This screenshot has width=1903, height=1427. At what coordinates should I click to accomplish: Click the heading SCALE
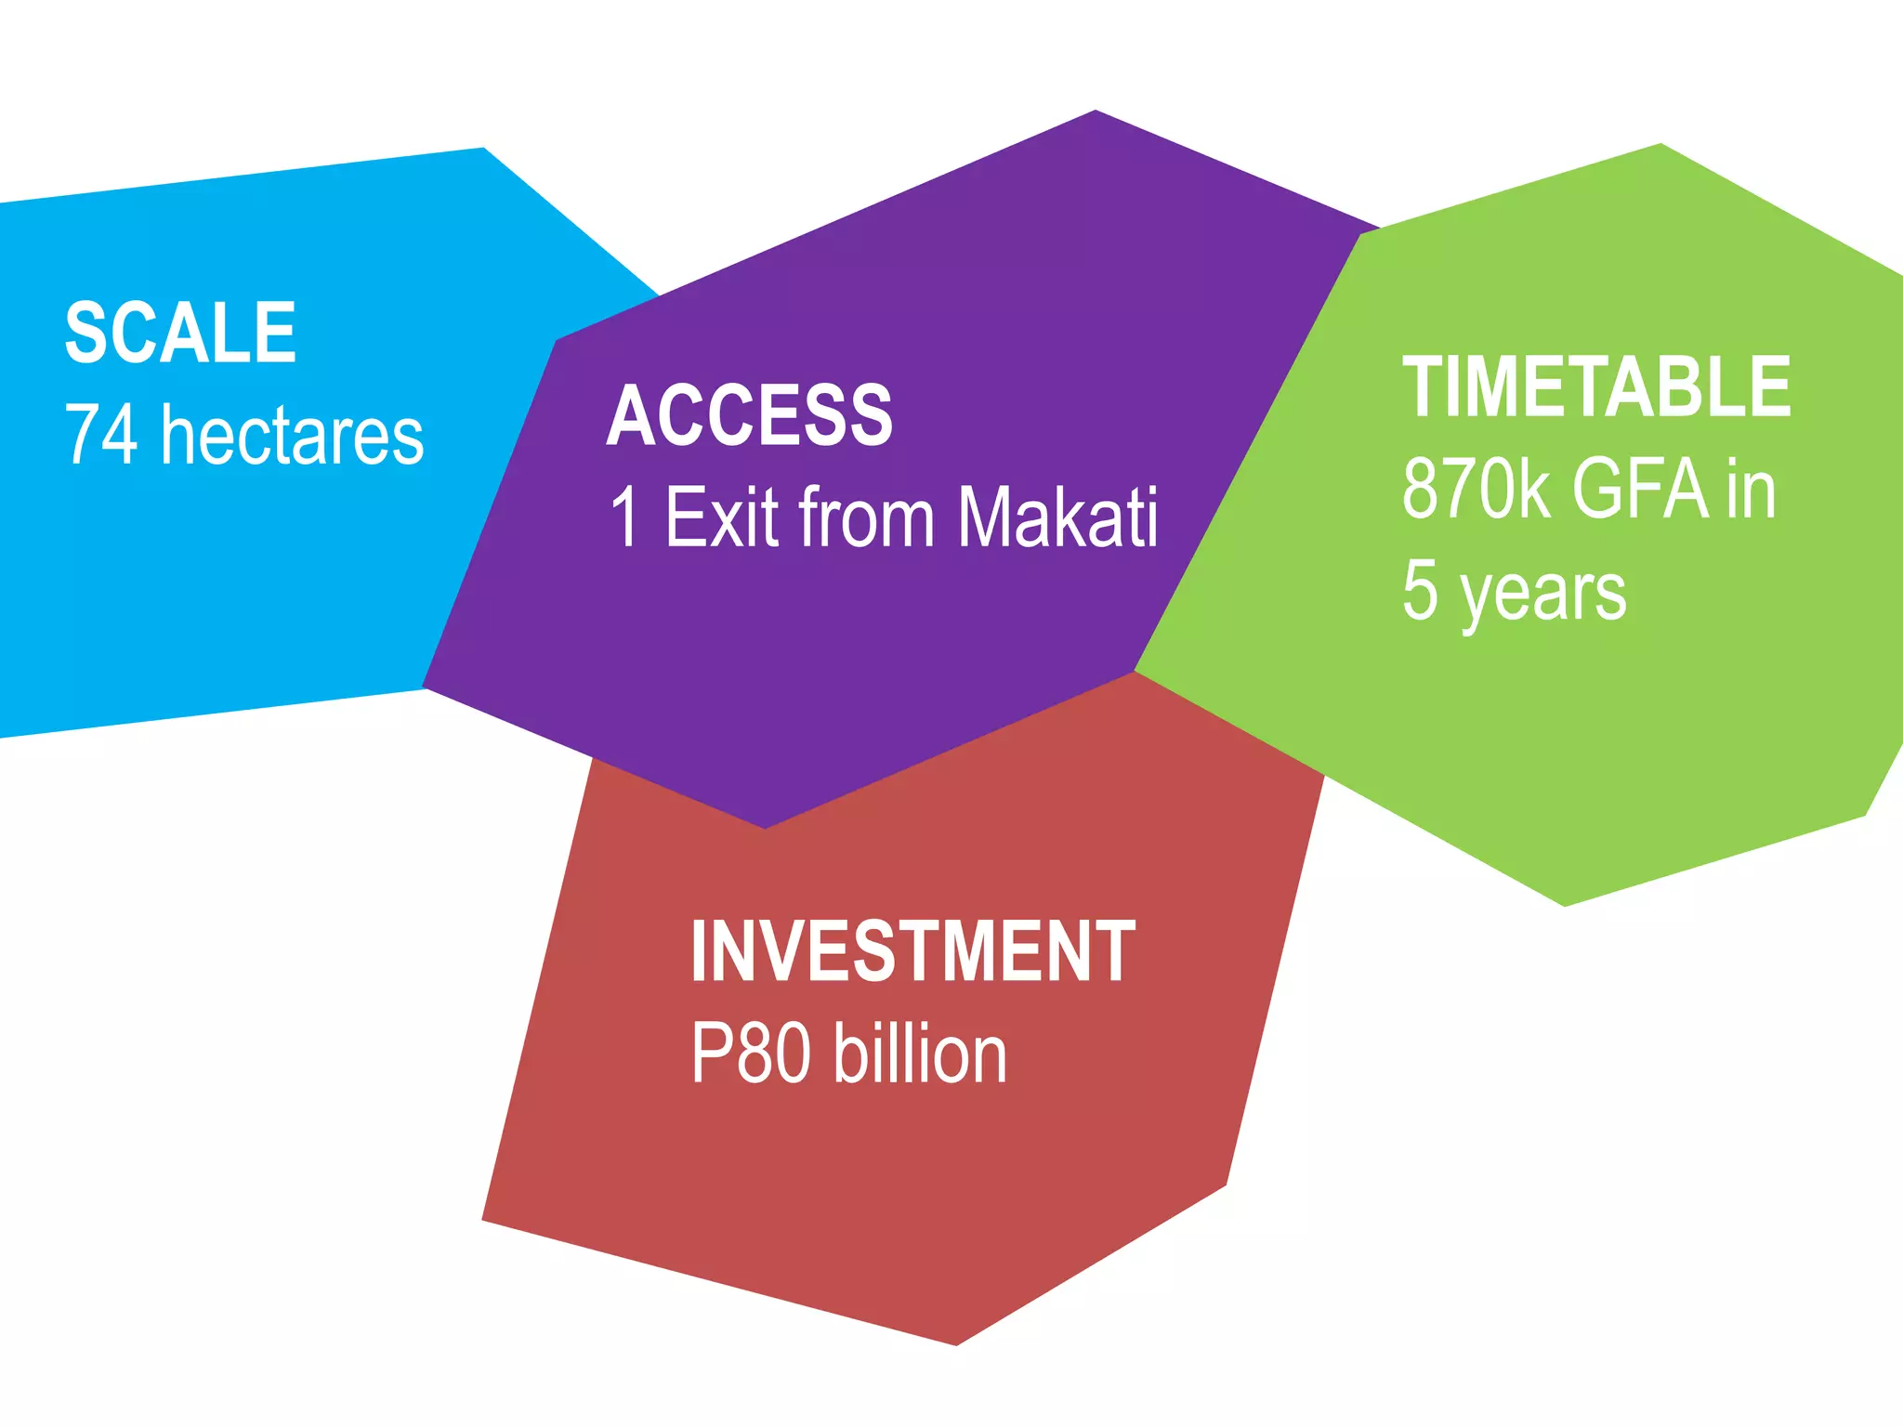(180, 334)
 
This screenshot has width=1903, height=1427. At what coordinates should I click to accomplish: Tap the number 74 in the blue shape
(101, 435)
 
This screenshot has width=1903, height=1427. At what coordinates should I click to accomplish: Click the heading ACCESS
(749, 416)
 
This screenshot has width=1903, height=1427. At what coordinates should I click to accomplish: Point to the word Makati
(1058, 517)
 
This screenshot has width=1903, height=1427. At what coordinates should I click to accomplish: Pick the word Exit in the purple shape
(721, 517)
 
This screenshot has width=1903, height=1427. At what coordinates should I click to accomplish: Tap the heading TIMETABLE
(1595, 387)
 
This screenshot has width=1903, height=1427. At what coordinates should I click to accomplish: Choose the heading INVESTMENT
(912, 951)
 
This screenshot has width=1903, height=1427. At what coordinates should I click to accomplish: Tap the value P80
(749, 1054)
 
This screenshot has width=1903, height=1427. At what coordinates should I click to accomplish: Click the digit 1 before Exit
(625, 517)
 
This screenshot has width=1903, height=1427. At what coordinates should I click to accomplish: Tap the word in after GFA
(1752, 490)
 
